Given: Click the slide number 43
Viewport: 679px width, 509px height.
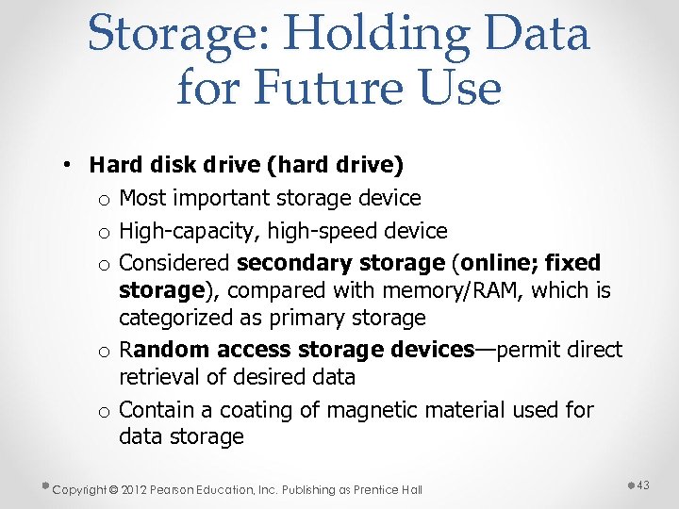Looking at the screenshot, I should point(645,484).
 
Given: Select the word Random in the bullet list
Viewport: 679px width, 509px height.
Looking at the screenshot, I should point(164,350).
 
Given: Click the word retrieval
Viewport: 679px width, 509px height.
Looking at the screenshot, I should point(154,377).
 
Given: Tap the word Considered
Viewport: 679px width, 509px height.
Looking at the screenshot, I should point(175,263).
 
